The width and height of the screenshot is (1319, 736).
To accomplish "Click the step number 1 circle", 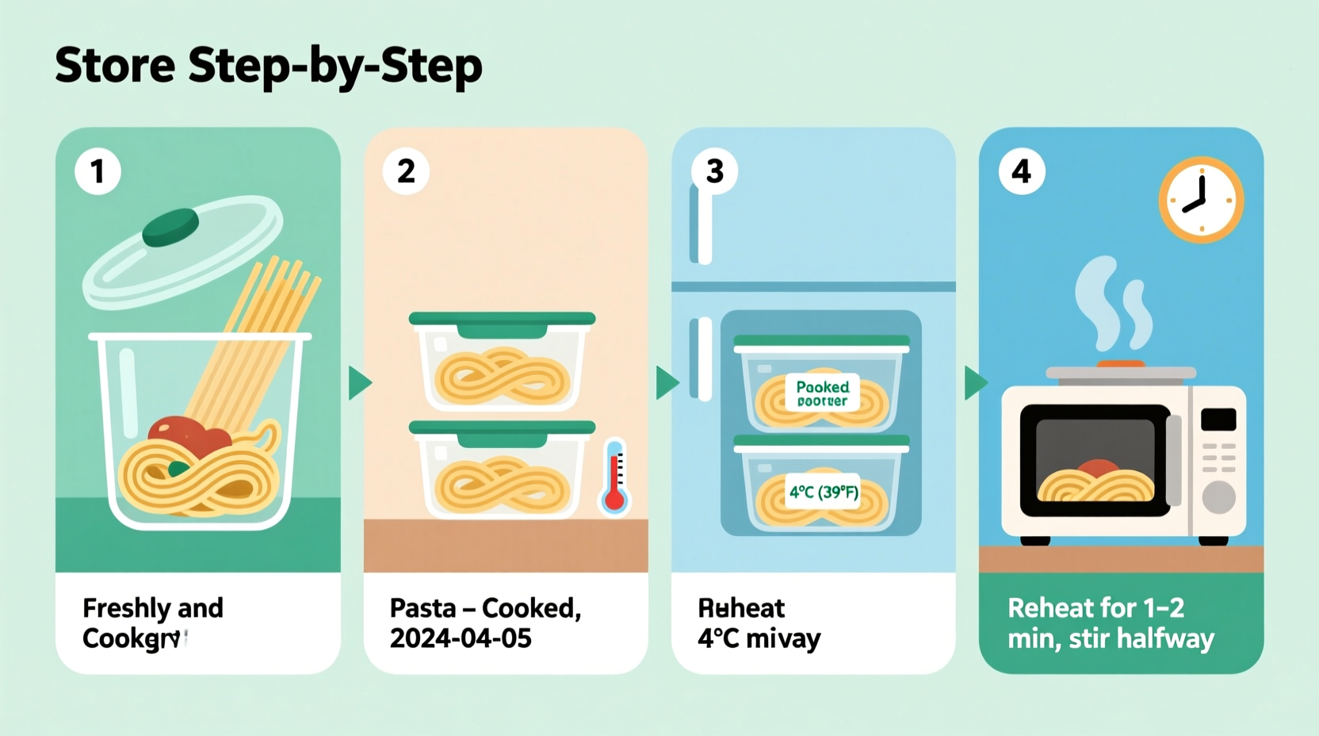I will (97, 171).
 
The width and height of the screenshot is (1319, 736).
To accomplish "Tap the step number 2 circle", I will (406, 171).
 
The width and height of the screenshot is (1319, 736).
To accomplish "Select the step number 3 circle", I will (714, 171).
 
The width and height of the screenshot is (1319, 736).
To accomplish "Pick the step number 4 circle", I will (1022, 171).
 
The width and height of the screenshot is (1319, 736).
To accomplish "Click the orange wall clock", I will (1201, 200).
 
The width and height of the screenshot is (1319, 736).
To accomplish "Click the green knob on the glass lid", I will (170, 227).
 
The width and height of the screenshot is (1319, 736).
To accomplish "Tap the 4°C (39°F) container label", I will (824, 493).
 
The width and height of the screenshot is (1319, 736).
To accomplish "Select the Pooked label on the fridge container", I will (822, 393).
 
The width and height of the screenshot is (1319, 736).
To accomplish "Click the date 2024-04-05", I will (461, 638).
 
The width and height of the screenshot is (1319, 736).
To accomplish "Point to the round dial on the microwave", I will (1218, 497).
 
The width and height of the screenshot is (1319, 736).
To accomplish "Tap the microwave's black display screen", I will (1218, 419).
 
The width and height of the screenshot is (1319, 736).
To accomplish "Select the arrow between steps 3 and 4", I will (975, 383).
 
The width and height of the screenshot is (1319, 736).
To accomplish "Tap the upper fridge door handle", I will (701, 224).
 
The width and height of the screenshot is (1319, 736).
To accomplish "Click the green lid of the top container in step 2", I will (502, 319).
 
